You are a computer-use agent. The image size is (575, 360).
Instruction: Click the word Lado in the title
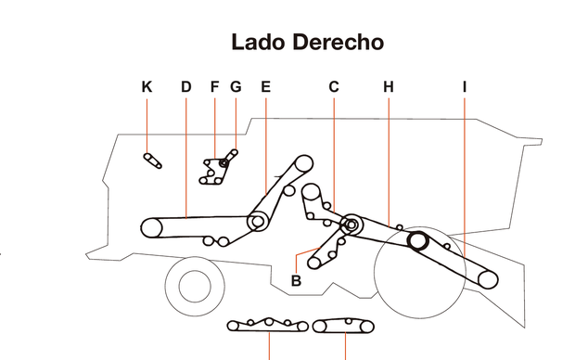[256, 42]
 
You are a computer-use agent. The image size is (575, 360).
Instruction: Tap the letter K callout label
[147, 87]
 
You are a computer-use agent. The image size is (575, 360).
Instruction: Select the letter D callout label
[185, 87]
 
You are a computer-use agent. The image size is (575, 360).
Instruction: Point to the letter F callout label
[214, 87]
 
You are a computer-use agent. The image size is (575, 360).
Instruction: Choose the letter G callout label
[236, 87]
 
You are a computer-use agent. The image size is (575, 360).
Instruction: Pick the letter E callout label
[265, 87]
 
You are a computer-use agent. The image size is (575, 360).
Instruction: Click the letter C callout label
[334, 87]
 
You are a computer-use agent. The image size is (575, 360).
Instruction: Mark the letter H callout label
[389, 87]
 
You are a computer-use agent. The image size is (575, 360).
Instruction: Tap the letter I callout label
[465, 87]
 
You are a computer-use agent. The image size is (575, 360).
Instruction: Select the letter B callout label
[296, 280]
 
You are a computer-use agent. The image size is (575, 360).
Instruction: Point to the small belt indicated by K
[153, 160]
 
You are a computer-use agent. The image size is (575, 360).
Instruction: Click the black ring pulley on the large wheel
[415, 241]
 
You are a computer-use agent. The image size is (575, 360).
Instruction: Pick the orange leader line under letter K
[147, 125]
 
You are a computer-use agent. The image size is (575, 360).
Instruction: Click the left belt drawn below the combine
[267, 325]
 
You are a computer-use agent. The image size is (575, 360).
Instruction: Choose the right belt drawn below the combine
[344, 325]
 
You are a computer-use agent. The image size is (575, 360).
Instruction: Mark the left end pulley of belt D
[150, 226]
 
